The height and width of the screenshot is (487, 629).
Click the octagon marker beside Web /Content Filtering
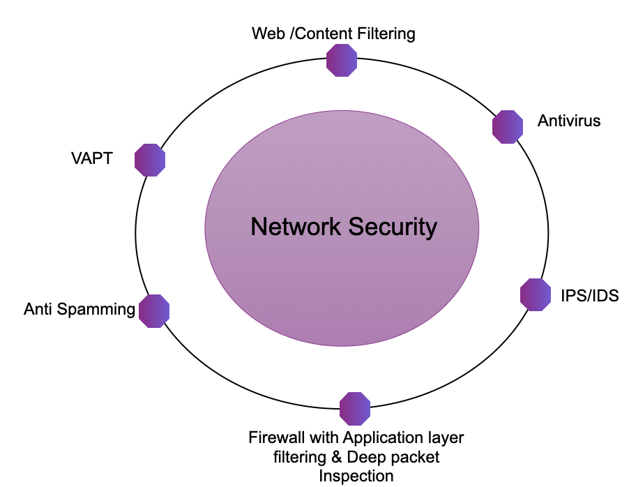click(342, 60)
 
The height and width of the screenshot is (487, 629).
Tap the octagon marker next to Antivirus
click(508, 126)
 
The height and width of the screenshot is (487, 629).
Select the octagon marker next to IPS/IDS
click(536, 294)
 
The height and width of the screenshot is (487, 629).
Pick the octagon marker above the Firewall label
click(355, 408)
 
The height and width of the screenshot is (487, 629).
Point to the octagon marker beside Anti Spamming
click(154, 310)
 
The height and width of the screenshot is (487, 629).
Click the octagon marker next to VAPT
click(150, 159)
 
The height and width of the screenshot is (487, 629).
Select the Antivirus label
click(569, 121)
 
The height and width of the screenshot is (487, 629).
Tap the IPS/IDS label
click(589, 296)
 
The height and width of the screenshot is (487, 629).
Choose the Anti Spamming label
click(79, 310)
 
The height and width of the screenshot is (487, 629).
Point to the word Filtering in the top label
click(388, 33)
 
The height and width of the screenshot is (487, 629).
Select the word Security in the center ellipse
click(392, 227)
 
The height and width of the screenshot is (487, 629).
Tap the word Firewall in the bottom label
click(273, 438)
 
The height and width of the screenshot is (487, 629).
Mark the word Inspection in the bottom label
click(356, 476)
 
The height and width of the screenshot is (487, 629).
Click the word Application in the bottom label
click(377, 438)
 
